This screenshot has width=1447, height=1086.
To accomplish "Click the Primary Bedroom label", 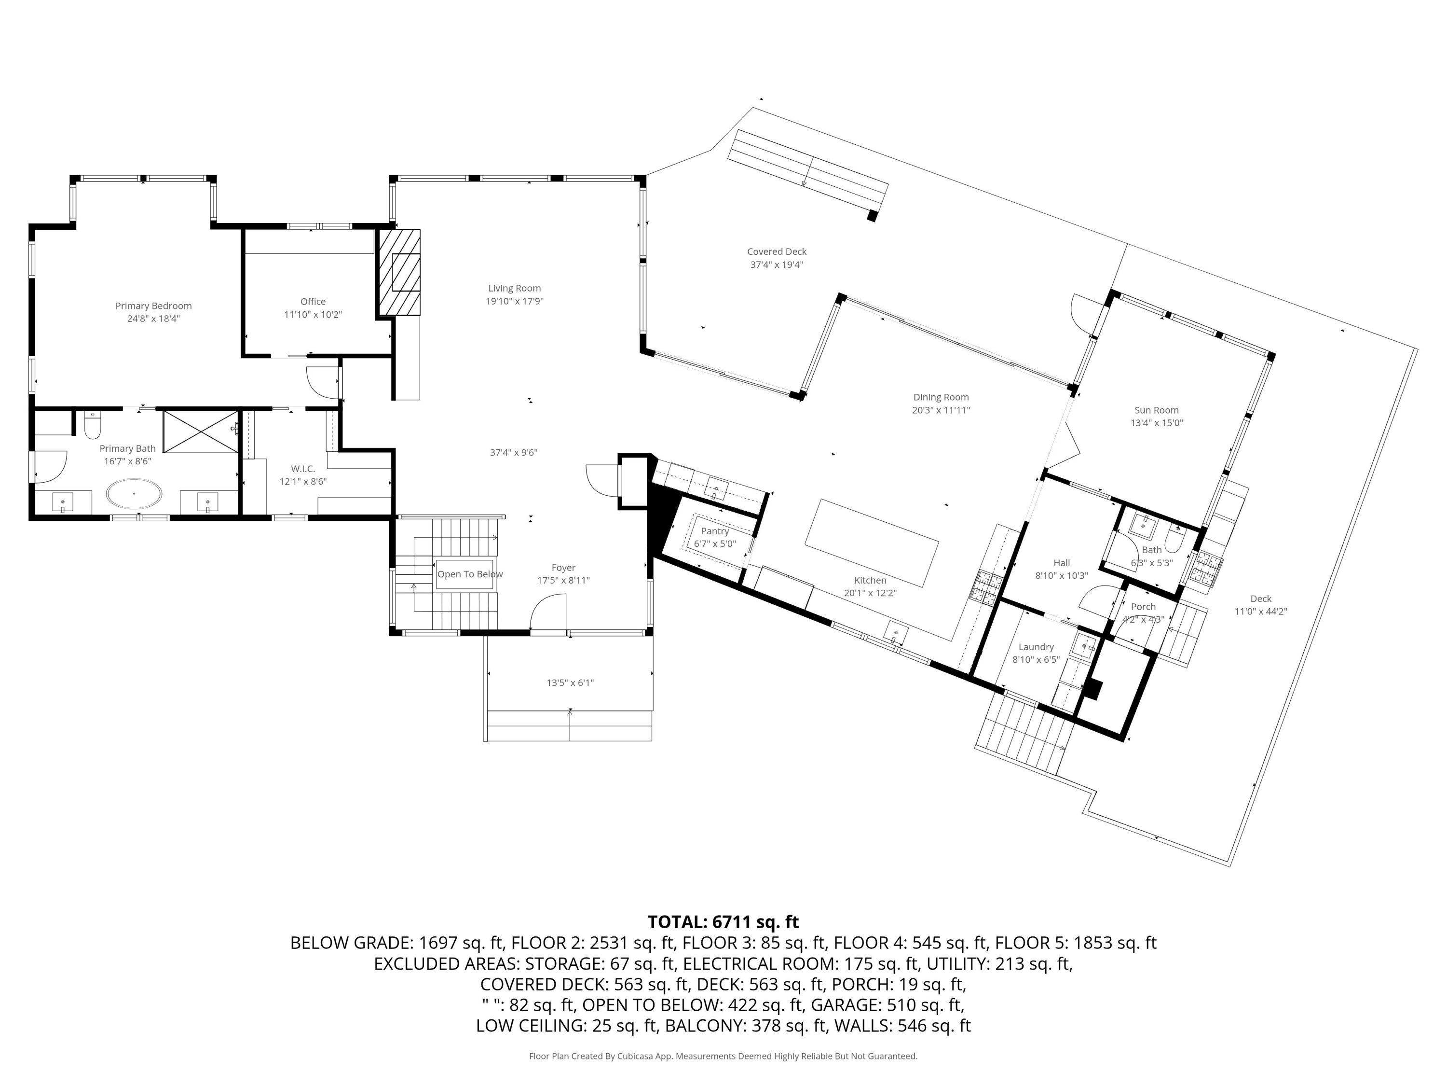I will point(153,306).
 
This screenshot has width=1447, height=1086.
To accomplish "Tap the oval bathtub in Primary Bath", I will point(134,494).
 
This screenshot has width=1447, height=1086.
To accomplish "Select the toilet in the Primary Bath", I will point(92,426).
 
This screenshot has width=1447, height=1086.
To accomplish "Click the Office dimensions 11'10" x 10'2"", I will point(313,315).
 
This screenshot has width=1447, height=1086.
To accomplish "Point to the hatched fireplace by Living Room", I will point(399,272).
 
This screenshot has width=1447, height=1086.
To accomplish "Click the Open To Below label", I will point(470,574).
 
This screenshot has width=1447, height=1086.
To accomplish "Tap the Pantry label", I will point(714,531).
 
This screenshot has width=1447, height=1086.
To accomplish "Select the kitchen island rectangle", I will point(872,543).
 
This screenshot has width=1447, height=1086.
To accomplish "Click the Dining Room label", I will point(941,397).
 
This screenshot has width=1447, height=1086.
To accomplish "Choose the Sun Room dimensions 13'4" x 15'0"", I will point(1157,423).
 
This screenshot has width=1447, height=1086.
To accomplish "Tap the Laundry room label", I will point(1036,647).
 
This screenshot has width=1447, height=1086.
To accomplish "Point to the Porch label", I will point(1143,607).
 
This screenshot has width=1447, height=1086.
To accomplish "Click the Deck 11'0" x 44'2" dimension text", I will point(1260,612).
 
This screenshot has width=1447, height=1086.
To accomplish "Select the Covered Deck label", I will point(777,251).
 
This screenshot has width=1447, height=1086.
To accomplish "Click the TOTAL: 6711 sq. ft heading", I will point(723,922).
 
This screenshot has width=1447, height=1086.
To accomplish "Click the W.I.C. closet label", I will point(303,469).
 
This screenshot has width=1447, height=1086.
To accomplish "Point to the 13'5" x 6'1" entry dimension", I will point(570,683).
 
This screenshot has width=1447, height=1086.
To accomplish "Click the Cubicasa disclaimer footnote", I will point(723,1056).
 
